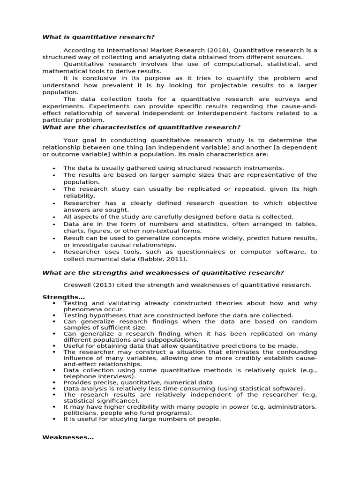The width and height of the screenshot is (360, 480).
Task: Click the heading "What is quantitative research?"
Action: pyautogui.click(x=98, y=37)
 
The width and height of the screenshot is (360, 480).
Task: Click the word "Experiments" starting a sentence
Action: pyautogui.click(x=82, y=106)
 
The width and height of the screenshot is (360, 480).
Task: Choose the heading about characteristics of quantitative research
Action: pyautogui.click(x=142, y=127)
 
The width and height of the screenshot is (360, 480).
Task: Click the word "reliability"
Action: pyautogui.click(x=79, y=196)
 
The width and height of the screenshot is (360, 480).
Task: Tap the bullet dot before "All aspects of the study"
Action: pyautogui.click(x=54, y=217)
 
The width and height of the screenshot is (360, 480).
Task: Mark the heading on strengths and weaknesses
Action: pyautogui.click(x=163, y=273)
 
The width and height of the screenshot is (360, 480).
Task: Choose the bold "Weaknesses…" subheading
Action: pyautogui.click(x=68, y=437)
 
